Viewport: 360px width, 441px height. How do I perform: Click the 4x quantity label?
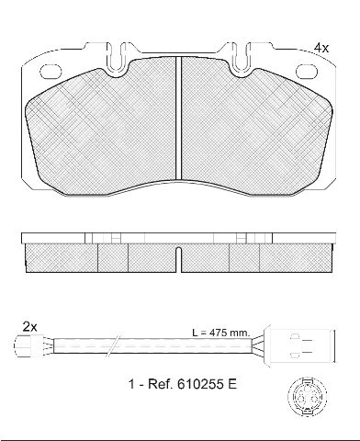321,48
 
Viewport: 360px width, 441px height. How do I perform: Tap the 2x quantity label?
30,327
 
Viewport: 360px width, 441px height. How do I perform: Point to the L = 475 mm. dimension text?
221,333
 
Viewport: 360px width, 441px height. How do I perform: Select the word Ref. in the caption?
159,384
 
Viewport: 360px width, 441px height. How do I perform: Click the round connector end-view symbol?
307,397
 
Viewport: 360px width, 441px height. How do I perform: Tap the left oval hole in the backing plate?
51,71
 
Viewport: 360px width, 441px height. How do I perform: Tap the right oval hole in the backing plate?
307,71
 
